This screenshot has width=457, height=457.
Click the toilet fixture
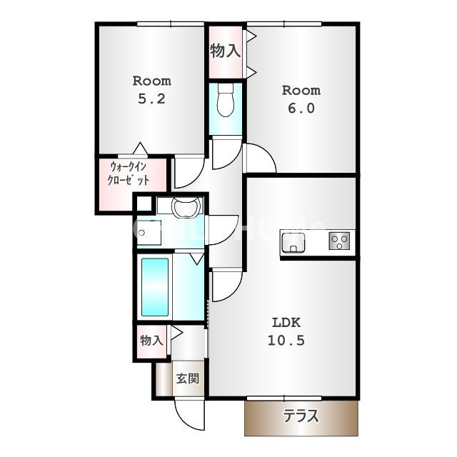(x=226, y=100)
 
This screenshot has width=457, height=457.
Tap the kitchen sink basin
(x=293, y=243)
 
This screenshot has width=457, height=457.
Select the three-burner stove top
(x=339, y=241)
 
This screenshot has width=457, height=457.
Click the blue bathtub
(x=155, y=287)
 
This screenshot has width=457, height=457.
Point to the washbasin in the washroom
(x=186, y=206)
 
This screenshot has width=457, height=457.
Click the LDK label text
(x=286, y=323)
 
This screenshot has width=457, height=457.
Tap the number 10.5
(x=286, y=341)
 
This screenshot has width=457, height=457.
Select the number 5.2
(x=151, y=99)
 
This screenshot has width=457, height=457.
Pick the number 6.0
(x=301, y=109)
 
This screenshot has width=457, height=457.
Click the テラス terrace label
(x=301, y=416)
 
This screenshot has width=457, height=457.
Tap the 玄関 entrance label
(x=188, y=378)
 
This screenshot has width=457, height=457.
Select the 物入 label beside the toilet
(x=226, y=51)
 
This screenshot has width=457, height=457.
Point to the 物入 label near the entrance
(x=151, y=340)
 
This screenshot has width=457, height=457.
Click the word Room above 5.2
(x=152, y=81)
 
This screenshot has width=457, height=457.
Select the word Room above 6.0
(x=301, y=91)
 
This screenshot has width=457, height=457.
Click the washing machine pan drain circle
(x=142, y=233)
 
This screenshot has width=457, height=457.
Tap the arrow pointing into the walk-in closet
(x=141, y=149)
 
